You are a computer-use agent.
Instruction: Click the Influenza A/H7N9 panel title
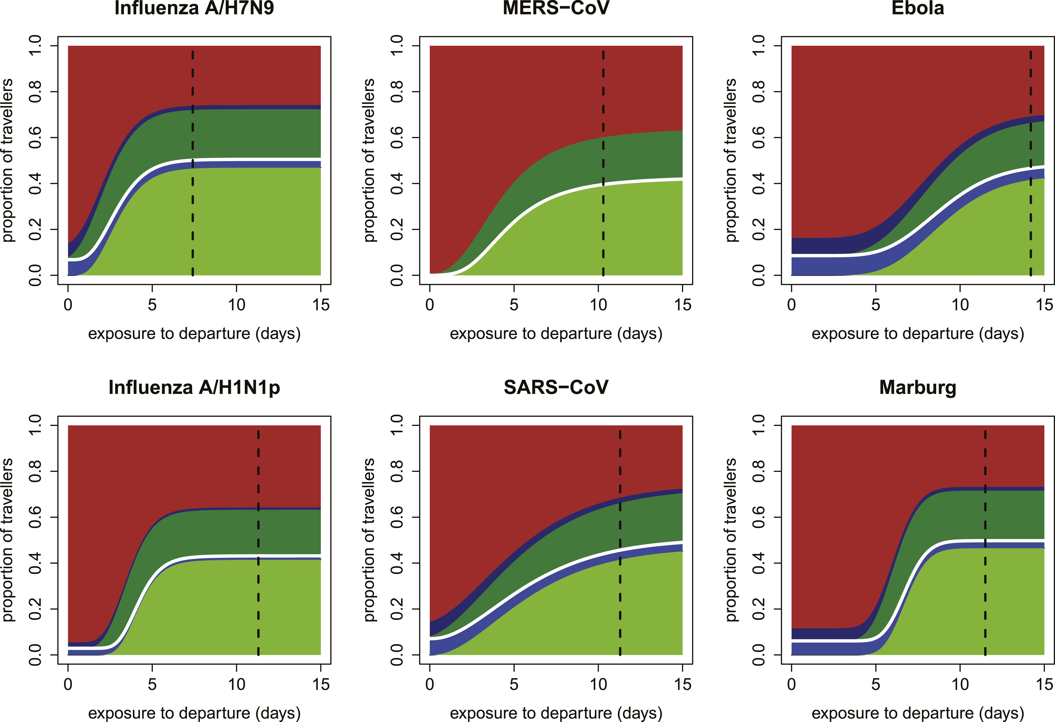tap(194, 8)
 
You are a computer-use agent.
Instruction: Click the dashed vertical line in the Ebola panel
tap(1031, 163)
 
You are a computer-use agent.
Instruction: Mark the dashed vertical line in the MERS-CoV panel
tap(603, 163)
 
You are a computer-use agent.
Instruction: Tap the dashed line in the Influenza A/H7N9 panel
tap(192, 163)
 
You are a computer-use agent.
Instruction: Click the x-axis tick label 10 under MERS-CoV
tap(598, 304)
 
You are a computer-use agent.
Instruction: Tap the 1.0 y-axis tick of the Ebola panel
tap(758, 46)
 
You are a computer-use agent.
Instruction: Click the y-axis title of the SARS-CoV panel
tap(369, 540)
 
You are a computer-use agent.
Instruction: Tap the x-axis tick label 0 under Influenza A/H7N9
tap(68, 304)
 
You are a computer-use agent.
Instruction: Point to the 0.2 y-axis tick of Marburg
tap(758, 609)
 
